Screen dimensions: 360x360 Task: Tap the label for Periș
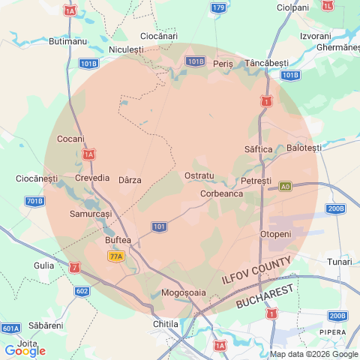click(x=223, y=64)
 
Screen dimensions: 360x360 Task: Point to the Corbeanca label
click(x=221, y=193)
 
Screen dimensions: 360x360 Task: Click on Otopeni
click(x=275, y=235)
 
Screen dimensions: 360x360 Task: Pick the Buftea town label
click(x=118, y=240)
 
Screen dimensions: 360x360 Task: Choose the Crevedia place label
click(x=92, y=178)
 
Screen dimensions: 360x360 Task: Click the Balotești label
click(x=303, y=147)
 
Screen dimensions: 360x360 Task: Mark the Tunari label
click(x=339, y=262)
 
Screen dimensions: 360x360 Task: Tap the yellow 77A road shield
click(x=115, y=256)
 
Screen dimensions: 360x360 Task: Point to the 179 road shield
click(x=217, y=7)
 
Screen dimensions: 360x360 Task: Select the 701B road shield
click(x=34, y=201)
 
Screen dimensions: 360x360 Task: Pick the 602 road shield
click(x=82, y=291)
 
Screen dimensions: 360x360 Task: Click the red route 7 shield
click(x=74, y=267)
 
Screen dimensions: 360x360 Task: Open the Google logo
click(x=25, y=350)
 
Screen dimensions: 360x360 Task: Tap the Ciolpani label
click(x=292, y=7)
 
